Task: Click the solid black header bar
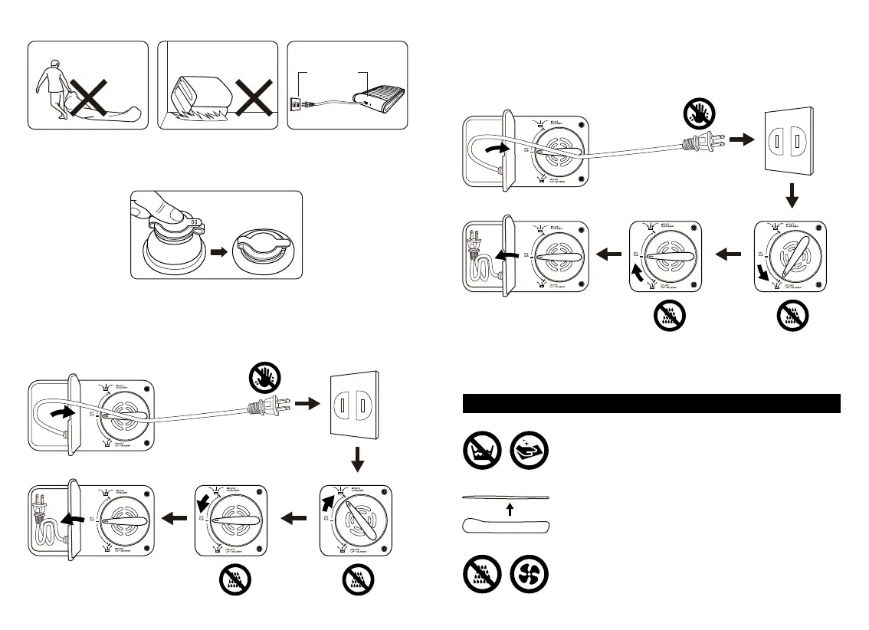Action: [652, 403]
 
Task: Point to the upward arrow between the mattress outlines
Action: [509, 509]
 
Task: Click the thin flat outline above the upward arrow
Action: [506, 497]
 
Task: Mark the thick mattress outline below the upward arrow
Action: [506, 526]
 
